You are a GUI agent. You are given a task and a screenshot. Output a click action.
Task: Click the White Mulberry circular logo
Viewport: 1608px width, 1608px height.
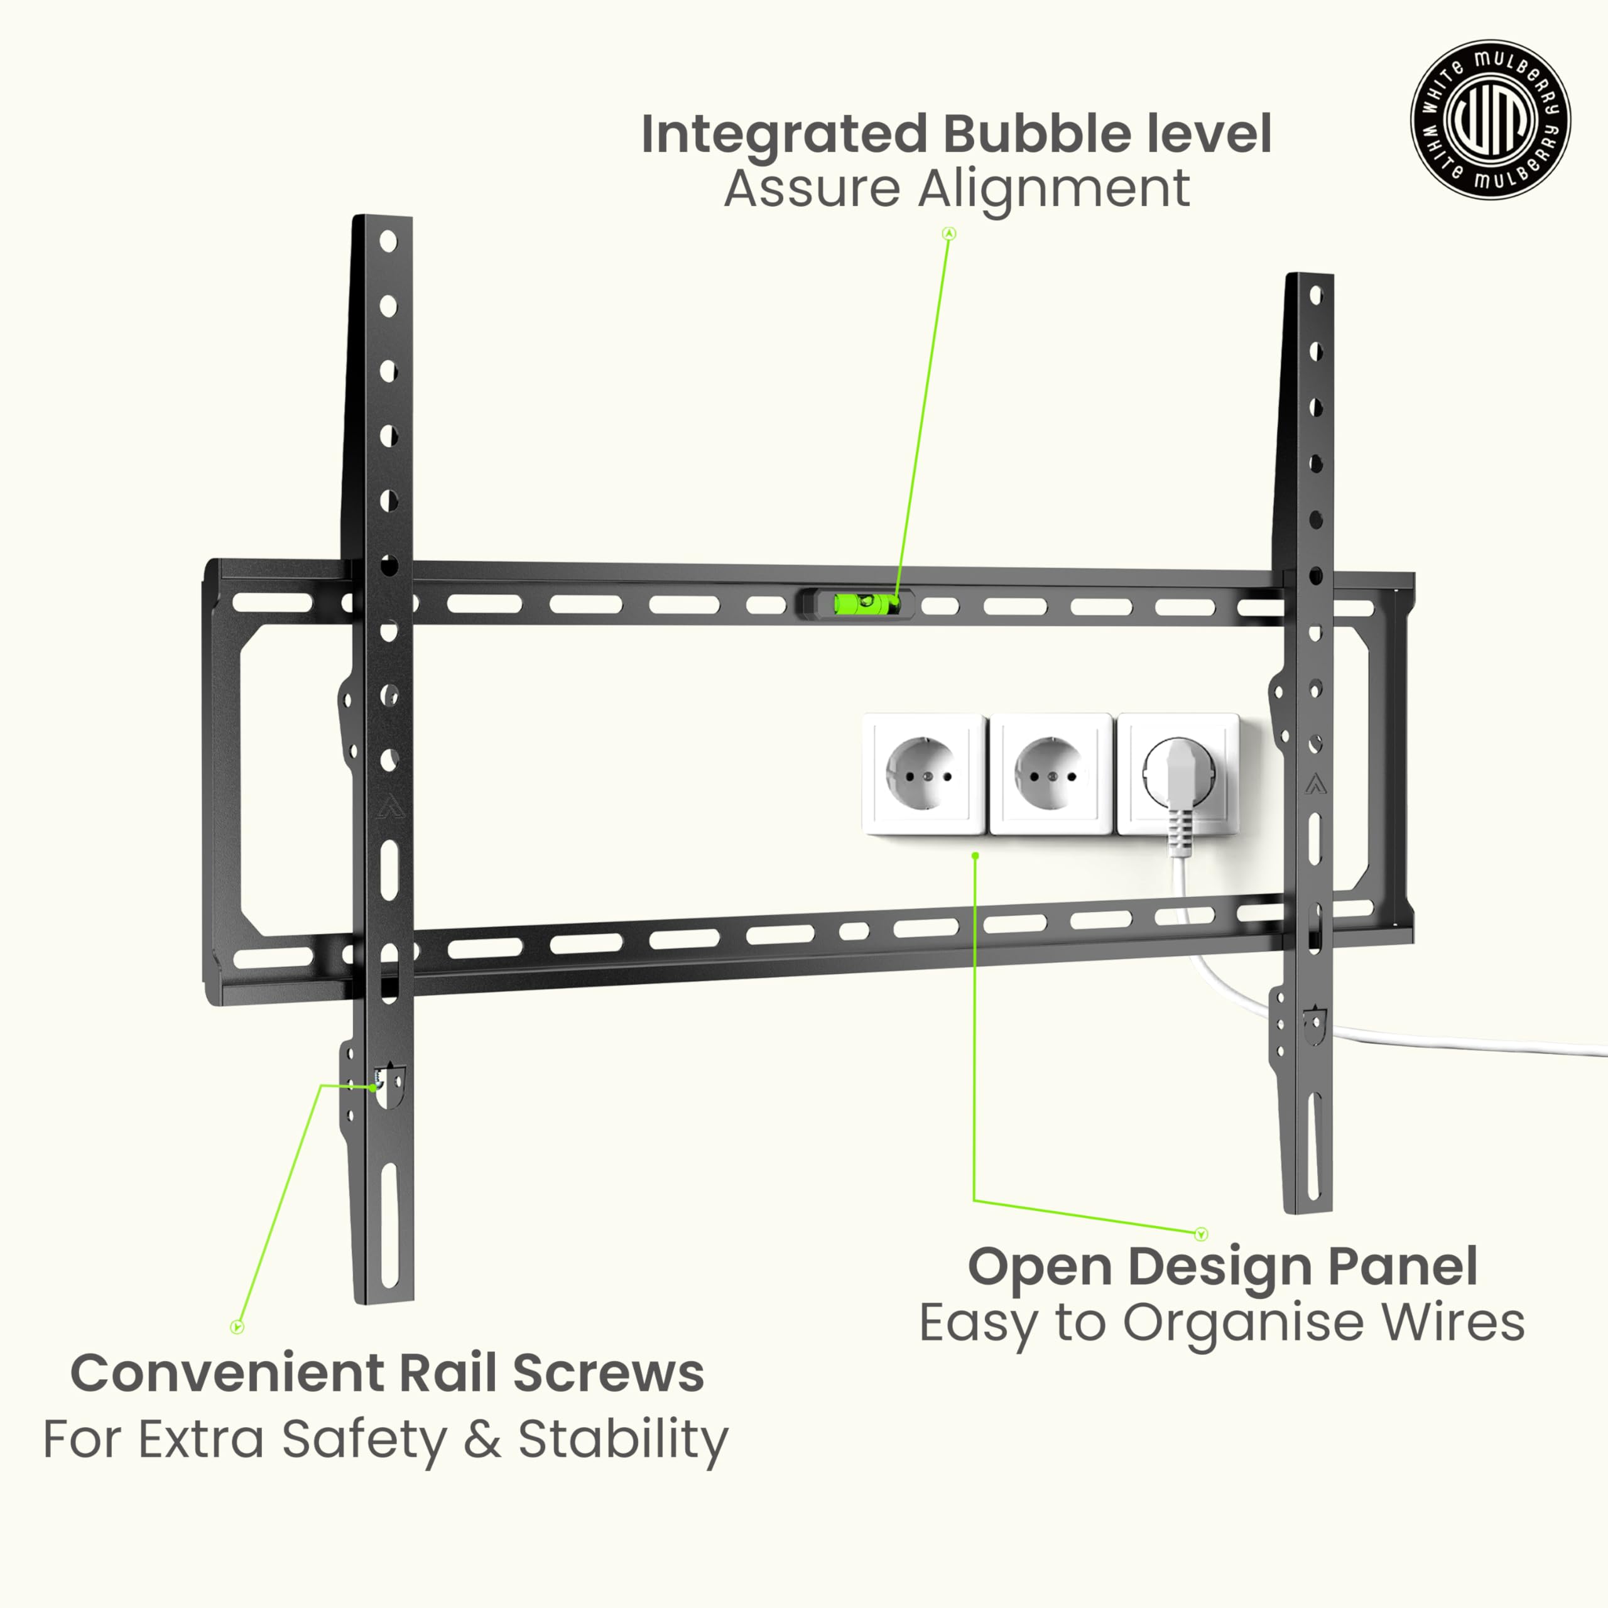tap(1490, 120)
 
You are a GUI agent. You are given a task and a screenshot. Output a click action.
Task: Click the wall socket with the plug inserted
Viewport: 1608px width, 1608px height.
tap(1177, 774)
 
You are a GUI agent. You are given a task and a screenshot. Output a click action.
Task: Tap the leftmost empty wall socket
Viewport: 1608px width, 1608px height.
tap(924, 774)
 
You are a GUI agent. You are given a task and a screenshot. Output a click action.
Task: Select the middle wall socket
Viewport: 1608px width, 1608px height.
tap(1050, 774)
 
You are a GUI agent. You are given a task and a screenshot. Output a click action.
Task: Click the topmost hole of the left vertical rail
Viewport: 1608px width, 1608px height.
tap(388, 241)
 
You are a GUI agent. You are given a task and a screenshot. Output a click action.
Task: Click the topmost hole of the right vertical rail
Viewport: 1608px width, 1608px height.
tap(1316, 295)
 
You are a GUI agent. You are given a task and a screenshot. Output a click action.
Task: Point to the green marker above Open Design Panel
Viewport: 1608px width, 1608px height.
tap(1200, 1234)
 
